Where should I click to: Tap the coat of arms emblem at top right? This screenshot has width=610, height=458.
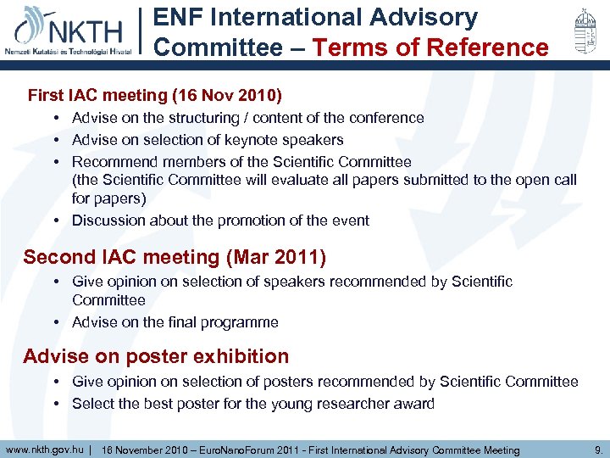click(581, 31)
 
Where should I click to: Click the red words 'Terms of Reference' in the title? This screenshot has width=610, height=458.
click(430, 47)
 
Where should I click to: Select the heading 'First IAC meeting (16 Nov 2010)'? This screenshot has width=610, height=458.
click(155, 95)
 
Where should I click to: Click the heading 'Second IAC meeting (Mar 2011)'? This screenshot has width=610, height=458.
click(175, 257)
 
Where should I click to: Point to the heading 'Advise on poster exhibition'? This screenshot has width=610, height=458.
click(156, 356)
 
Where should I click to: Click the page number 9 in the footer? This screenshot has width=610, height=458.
click(598, 450)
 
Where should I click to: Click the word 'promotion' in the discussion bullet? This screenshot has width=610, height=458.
click(252, 221)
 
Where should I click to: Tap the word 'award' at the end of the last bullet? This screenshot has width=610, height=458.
click(414, 404)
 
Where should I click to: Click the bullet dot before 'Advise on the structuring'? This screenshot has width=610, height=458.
click(55, 118)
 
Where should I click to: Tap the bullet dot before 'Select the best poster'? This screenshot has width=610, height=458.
click(55, 404)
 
